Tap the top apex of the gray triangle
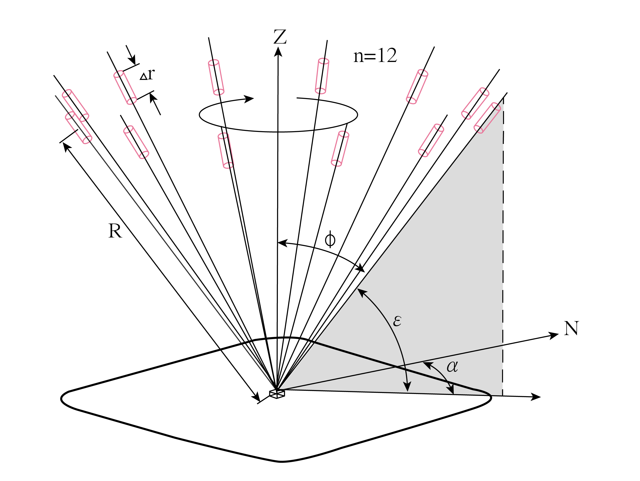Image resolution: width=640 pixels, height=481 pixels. click(x=503, y=100)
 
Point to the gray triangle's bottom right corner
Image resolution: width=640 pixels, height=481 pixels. click(x=501, y=395)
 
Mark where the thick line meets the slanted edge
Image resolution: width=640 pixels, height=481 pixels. click(x=315, y=343)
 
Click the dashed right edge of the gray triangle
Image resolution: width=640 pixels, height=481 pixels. click(x=503, y=231)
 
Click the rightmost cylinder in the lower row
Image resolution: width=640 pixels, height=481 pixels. click(x=431, y=140)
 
